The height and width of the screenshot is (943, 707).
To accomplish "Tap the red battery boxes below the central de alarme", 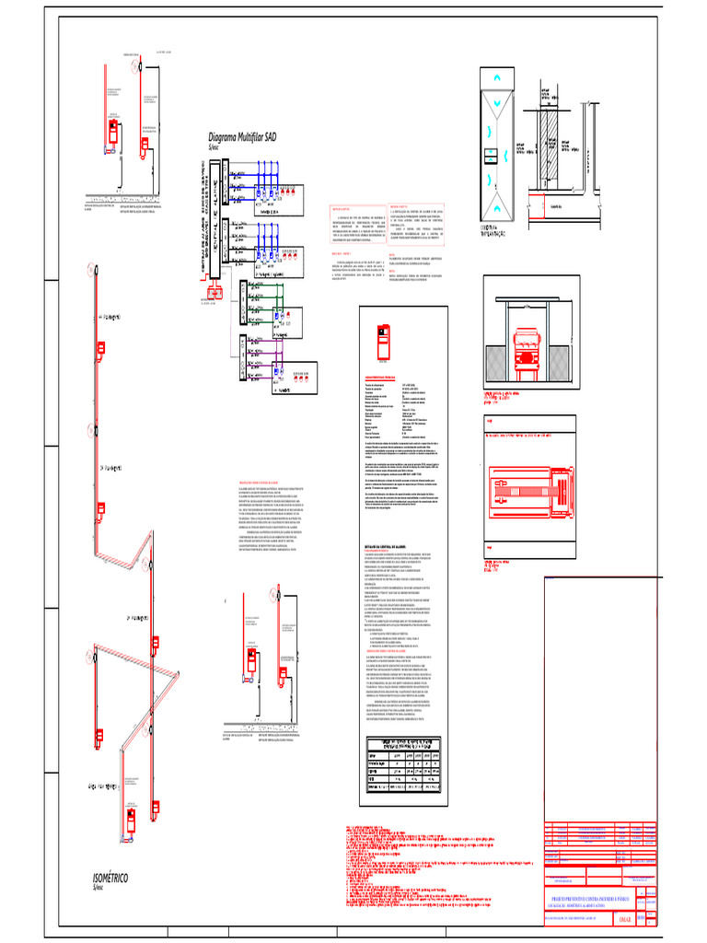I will click(x=215, y=294).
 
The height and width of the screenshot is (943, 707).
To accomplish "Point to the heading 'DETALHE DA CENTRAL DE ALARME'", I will click(x=394, y=546).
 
